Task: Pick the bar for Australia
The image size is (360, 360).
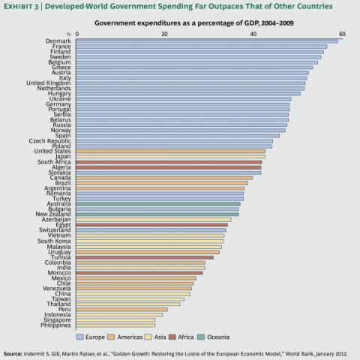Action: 158,203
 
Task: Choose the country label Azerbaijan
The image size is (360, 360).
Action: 55,219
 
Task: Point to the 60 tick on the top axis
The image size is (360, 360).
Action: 342,34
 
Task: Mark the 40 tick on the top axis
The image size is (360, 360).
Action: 253,34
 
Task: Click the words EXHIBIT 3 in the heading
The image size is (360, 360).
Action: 22,7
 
